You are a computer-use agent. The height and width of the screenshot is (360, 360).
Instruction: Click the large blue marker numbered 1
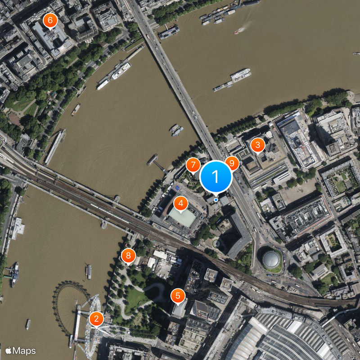point(216,176)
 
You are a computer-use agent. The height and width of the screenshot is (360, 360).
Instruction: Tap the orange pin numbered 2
point(96,319)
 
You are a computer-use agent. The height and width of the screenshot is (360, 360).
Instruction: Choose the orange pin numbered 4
point(180,204)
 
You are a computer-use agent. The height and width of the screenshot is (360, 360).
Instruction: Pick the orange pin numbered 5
point(178,296)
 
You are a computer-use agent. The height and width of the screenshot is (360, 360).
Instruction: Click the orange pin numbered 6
point(49,20)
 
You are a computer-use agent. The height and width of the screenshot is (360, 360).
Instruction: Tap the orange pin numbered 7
point(193,165)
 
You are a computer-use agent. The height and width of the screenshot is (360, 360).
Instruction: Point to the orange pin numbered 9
point(232,163)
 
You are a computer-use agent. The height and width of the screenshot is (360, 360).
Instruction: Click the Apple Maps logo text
point(21,351)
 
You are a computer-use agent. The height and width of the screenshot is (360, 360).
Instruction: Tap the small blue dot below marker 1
point(216,199)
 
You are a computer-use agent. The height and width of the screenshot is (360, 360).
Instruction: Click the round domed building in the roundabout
point(271,259)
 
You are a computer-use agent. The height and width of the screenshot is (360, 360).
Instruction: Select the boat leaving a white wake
point(237,31)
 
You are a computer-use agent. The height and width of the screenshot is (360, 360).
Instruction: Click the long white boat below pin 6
point(121,71)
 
